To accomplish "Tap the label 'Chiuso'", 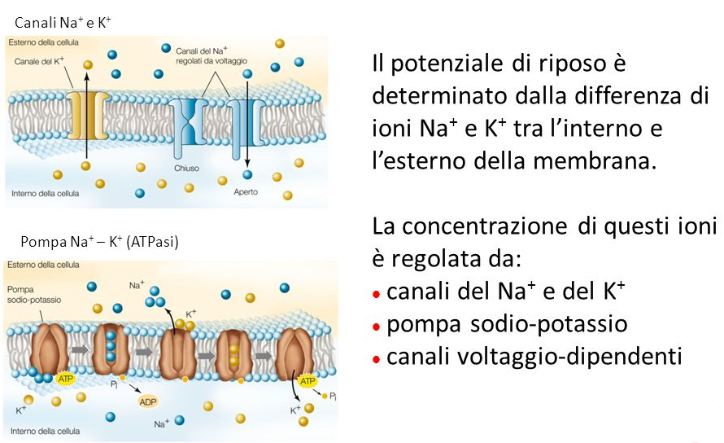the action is [186, 169].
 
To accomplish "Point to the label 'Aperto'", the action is [246, 192].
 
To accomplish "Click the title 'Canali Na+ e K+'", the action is [63, 24].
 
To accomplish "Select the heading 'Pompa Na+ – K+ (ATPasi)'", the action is [99, 243].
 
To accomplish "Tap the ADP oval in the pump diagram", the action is [148, 402].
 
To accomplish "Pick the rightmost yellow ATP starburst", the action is [307, 381].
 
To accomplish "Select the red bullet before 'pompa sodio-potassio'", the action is [376, 325].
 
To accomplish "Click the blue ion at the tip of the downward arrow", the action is [247, 174].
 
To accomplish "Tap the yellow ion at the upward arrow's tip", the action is [88, 64].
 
